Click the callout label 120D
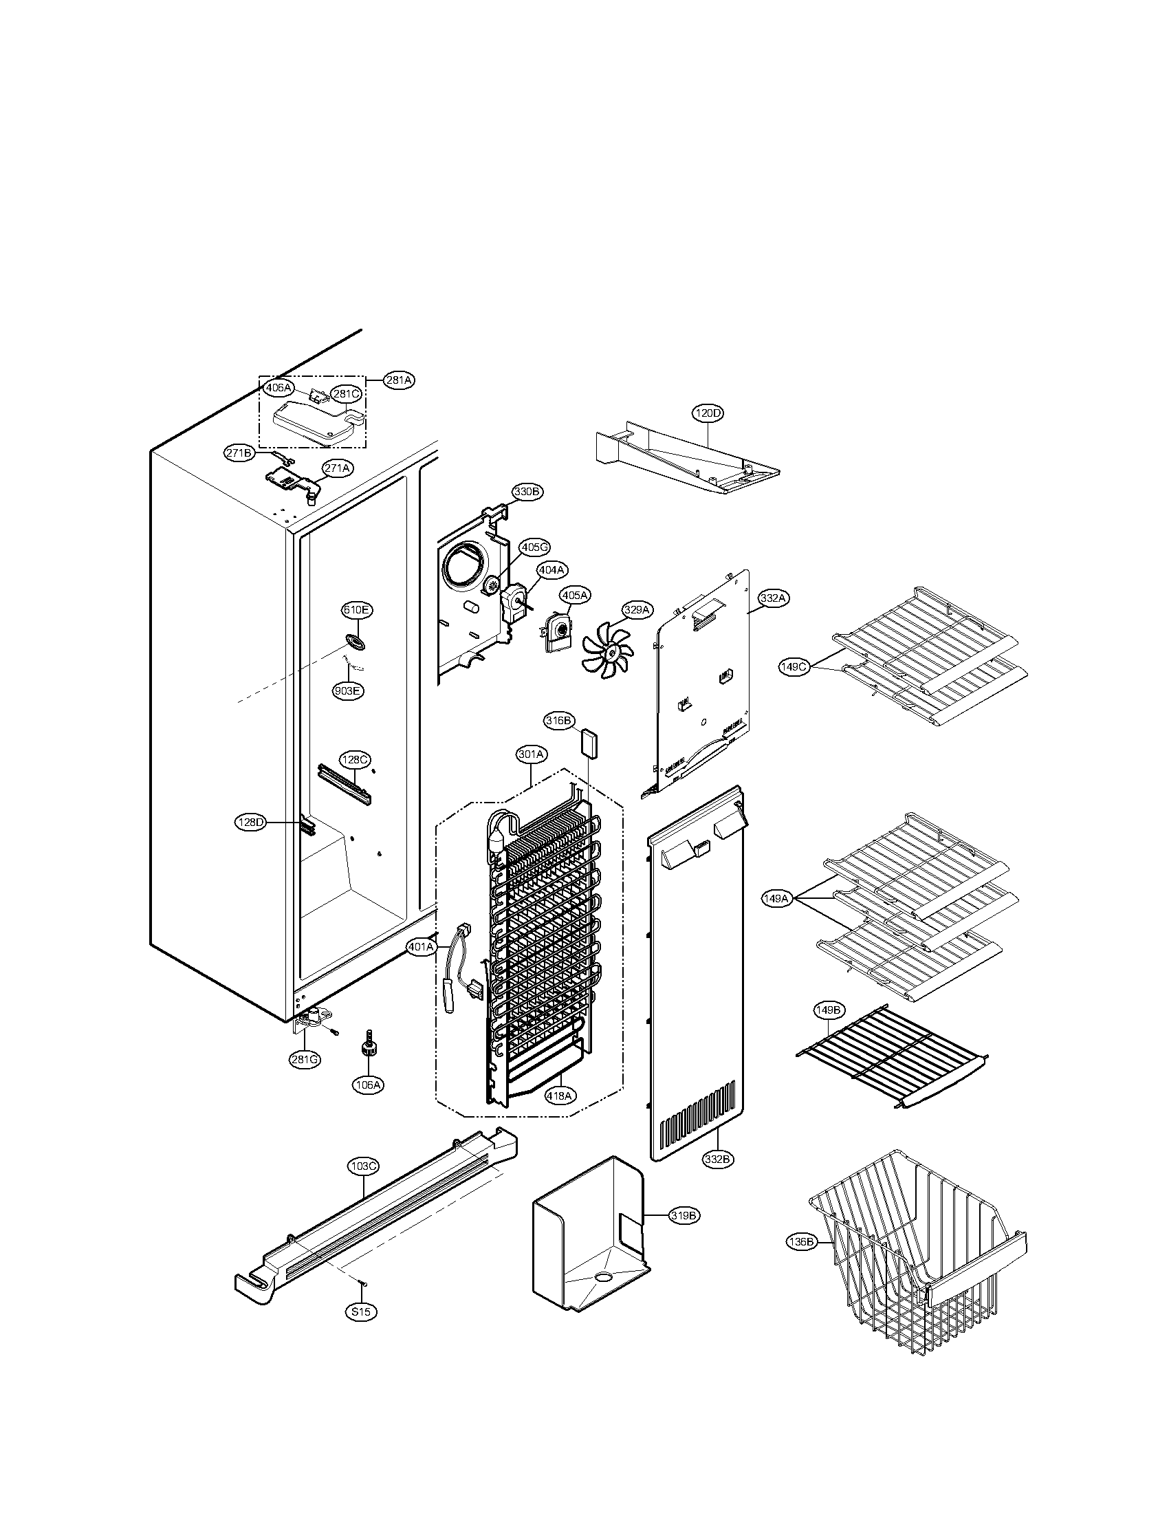pos(708,413)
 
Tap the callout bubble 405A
pos(576,595)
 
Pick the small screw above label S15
pos(362,1284)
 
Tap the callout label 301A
pos(531,754)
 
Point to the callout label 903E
pos(348,690)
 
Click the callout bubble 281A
pos(399,380)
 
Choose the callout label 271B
pos(239,453)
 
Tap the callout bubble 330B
pos(527,492)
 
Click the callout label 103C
pos(363,1166)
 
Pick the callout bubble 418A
pos(559,1096)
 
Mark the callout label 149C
pos(794,667)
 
